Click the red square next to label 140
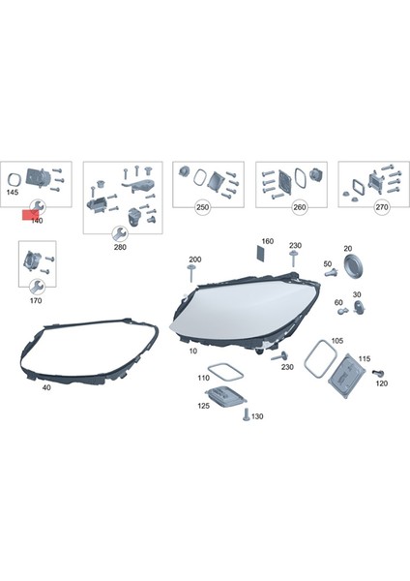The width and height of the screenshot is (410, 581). tap(29, 212)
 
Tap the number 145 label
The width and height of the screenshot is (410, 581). tap(13, 193)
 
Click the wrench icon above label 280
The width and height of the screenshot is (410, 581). tap(119, 233)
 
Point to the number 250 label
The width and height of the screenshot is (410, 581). tap(202, 208)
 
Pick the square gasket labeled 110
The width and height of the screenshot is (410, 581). tap(225, 368)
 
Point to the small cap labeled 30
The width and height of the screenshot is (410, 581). tap(357, 307)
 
